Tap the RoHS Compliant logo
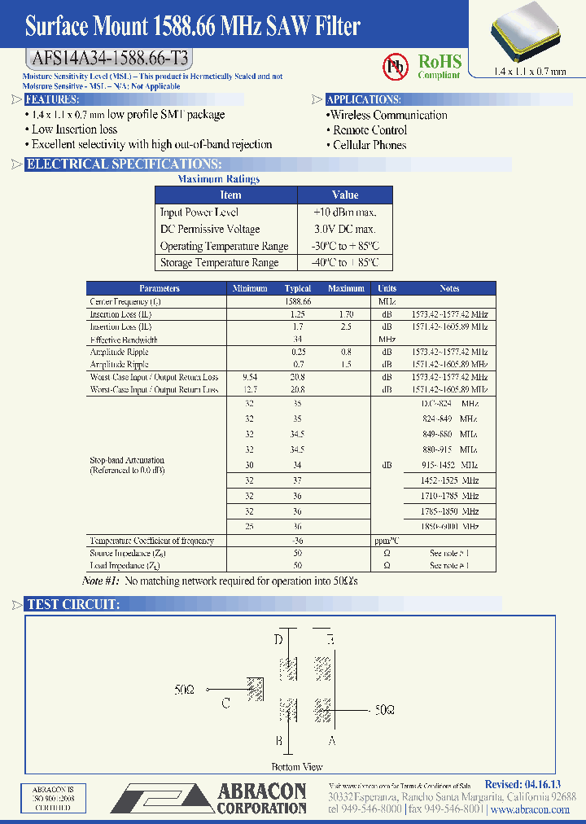439,65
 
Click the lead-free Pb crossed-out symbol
396,65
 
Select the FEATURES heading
52,99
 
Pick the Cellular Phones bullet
369,145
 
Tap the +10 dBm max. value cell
344,212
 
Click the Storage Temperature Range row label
219,262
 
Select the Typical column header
298,288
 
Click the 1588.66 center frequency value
299,301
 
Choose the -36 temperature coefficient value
298,541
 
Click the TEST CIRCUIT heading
73,604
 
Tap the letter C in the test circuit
225,703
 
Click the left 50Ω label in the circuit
185,689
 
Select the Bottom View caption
297,766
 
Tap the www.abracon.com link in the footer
531,810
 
